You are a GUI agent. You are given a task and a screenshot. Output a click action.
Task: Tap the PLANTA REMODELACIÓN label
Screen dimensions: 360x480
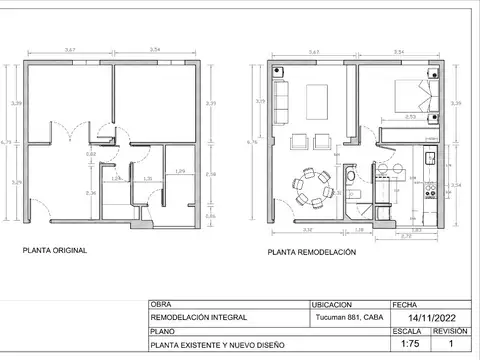[x=311, y=254]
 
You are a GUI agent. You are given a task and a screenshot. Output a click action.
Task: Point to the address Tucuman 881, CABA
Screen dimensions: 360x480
[x=347, y=318]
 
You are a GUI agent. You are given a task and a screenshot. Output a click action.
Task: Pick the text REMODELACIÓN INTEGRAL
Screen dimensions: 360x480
[x=192, y=318]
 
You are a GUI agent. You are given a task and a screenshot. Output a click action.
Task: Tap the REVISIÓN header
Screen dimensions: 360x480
[x=449, y=329]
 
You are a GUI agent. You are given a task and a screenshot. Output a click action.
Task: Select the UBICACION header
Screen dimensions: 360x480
[x=332, y=305]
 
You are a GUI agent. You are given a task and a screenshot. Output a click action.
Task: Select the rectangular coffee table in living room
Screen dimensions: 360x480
[x=318, y=100]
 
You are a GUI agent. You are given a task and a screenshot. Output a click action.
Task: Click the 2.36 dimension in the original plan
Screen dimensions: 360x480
[x=90, y=193]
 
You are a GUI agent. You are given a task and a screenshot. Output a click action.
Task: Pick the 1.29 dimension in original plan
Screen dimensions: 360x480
[x=180, y=172]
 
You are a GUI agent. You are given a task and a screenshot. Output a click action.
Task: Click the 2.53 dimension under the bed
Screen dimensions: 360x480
[x=411, y=117]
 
